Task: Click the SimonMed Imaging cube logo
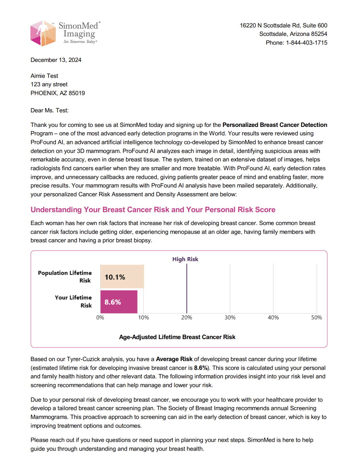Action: (x=43, y=33)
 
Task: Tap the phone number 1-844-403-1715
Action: (x=307, y=43)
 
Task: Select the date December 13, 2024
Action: (x=56, y=60)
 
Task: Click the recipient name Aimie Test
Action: (x=44, y=76)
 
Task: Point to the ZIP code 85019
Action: (x=77, y=93)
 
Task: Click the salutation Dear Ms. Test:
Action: (x=49, y=110)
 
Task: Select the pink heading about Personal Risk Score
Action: (x=153, y=210)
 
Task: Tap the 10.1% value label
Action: (x=115, y=277)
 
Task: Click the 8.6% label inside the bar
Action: (x=112, y=302)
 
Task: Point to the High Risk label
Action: (x=185, y=259)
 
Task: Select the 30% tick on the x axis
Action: (x=230, y=317)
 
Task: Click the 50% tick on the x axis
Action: (x=316, y=317)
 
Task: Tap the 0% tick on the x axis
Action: (x=100, y=317)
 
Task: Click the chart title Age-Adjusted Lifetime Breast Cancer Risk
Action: (x=177, y=337)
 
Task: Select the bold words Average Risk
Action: (x=174, y=359)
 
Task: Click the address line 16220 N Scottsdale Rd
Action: (x=284, y=25)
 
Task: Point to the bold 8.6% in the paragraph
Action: (x=201, y=368)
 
